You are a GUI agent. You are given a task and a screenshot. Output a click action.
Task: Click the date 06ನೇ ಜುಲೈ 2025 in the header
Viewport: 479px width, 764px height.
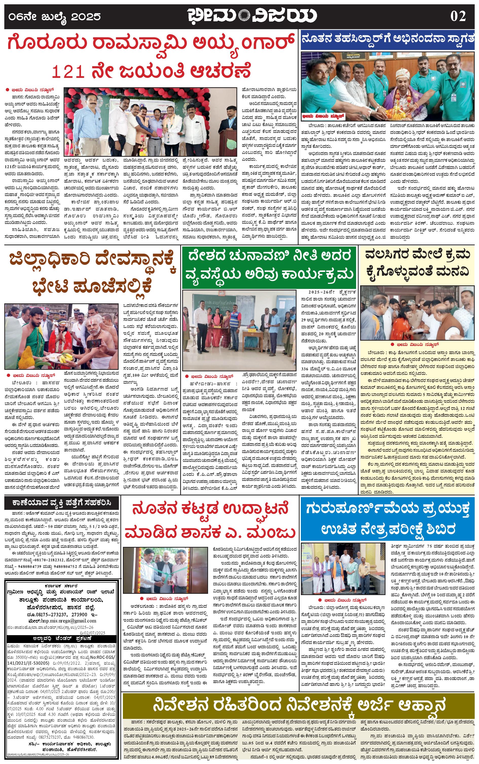click(54, 16)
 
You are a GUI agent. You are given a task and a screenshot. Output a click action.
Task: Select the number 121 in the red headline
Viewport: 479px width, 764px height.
click(68, 71)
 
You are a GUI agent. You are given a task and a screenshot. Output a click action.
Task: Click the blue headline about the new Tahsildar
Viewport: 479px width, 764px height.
click(388, 39)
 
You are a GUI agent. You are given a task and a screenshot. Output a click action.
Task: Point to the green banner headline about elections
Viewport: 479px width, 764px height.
click(269, 265)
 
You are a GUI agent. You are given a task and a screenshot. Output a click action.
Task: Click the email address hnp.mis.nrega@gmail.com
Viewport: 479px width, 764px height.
click(62, 621)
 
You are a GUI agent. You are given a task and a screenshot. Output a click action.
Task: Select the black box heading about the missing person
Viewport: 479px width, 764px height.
click(62, 503)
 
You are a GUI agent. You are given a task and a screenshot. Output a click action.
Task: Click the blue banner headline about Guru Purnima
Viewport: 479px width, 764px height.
click(388, 519)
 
